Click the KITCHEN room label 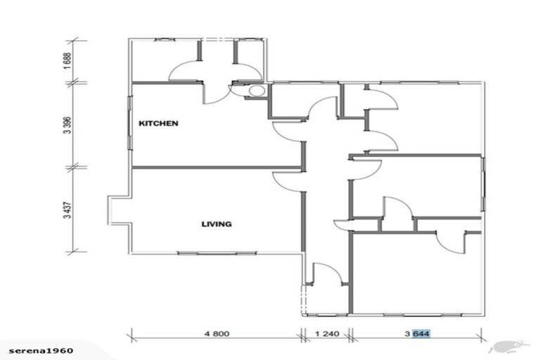[158, 123]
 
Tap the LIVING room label [217, 224]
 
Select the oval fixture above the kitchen [257, 90]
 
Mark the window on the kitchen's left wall [131, 127]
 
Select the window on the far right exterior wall [483, 184]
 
